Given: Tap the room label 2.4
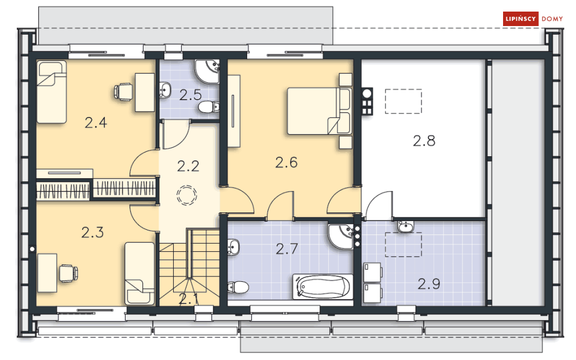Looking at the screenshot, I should click(x=96, y=122).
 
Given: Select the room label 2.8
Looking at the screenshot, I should click(x=424, y=140).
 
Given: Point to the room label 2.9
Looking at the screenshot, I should click(x=429, y=284).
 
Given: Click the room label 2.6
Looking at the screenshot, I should click(x=286, y=163).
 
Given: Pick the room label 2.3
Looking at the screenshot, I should click(x=92, y=233).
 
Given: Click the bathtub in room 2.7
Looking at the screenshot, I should click(x=323, y=286).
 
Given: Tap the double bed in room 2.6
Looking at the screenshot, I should click(x=319, y=111).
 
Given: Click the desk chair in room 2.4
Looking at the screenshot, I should click(x=124, y=91).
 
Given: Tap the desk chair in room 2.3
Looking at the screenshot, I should click(x=68, y=271).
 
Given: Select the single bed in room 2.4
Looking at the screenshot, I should click(x=52, y=92).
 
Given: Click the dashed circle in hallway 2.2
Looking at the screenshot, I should click(x=187, y=195).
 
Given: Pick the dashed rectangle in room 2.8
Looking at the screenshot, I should click(x=403, y=100).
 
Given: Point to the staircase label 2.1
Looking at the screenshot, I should click(x=188, y=299).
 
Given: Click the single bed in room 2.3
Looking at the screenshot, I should click(x=140, y=273).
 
